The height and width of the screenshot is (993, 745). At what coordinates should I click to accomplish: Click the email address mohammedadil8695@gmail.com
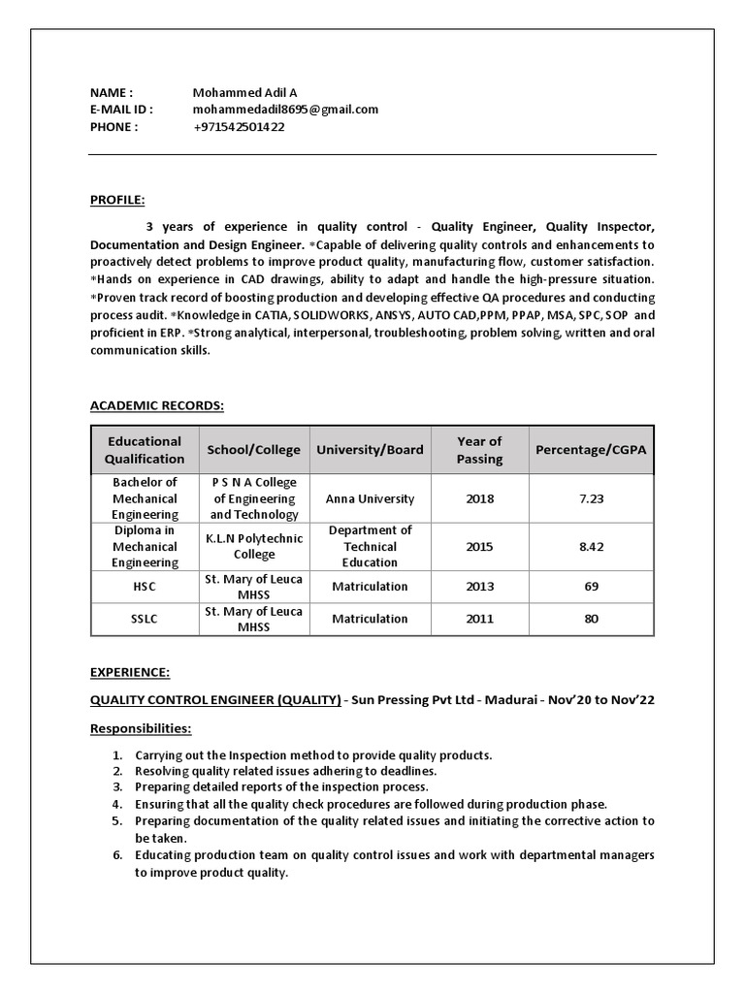click(285, 110)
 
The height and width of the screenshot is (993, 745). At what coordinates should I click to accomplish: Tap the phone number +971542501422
click(239, 127)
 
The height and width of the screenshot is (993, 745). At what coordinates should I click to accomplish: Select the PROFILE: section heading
click(117, 200)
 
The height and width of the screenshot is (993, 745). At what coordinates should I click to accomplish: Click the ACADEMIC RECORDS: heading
click(157, 405)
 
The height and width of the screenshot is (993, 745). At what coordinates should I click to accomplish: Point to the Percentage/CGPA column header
click(591, 450)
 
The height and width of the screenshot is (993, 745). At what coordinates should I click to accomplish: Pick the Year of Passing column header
click(479, 450)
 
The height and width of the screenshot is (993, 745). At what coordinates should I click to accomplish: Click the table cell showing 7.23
click(591, 498)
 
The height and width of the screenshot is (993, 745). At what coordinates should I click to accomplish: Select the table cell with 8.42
click(591, 547)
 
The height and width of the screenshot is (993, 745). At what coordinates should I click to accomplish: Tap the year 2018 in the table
click(479, 498)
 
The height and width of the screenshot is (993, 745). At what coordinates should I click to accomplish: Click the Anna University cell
click(370, 498)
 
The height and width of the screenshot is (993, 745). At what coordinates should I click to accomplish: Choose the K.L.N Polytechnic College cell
click(254, 547)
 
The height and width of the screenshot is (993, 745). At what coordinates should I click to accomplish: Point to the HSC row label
click(145, 587)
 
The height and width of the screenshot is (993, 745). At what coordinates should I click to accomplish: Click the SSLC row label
click(145, 619)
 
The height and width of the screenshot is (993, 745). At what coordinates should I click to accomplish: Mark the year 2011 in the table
click(479, 619)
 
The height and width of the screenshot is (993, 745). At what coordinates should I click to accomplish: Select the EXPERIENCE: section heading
click(130, 671)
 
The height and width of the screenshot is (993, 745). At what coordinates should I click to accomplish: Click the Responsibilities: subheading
click(141, 728)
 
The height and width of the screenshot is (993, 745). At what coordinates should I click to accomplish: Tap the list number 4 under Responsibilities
click(116, 804)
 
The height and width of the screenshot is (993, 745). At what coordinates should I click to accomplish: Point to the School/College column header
click(254, 450)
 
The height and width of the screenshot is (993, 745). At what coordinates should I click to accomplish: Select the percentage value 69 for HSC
click(591, 587)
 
